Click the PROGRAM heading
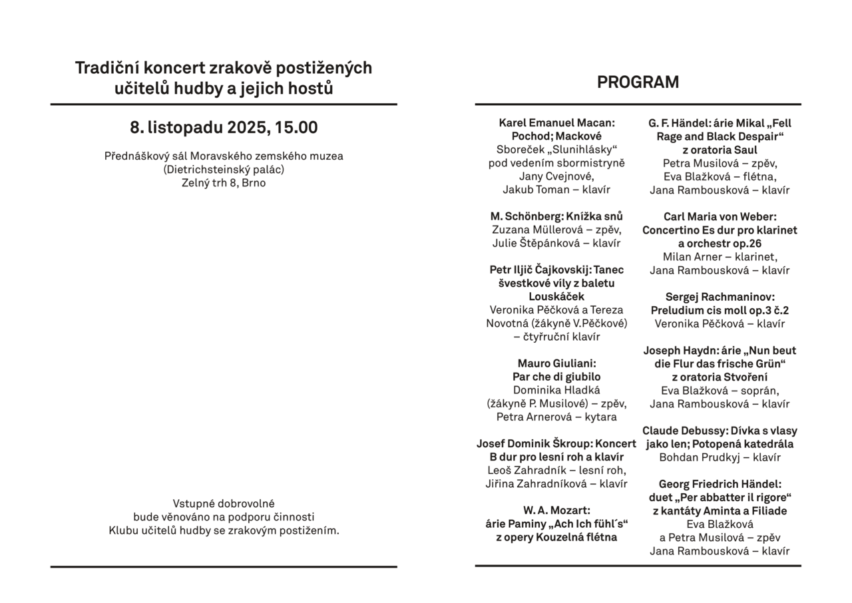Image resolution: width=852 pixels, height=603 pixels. pyautogui.click(x=638, y=83)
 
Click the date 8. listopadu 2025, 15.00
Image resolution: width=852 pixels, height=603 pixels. pyautogui.click(x=224, y=128)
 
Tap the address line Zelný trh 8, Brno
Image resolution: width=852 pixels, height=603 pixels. pyautogui.click(x=224, y=183)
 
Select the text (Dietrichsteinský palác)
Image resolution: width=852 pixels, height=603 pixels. pyautogui.click(x=224, y=170)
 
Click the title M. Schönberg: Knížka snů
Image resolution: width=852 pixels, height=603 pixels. pyautogui.click(x=556, y=216)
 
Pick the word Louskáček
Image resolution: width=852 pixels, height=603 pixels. pyautogui.click(x=556, y=296)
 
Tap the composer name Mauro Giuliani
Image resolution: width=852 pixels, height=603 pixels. pyautogui.click(x=556, y=363)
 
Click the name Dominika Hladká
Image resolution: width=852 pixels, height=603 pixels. pyautogui.click(x=556, y=390)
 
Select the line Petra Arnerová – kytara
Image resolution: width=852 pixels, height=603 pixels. pyautogui.click(x=556, y=417)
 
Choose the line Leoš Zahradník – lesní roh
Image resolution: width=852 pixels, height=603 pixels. pyautogui.click(x=556, y=471)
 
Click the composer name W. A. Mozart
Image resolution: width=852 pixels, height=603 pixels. pyautogui.click(x=556, y=510)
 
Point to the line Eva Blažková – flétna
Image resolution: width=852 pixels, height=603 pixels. pyautogui.click(x=720, y=176)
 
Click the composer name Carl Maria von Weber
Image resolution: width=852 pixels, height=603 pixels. pyautogui.click(x=720, y=216)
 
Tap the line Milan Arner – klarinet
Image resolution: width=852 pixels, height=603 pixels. pyautogui.click(x=720, y=257)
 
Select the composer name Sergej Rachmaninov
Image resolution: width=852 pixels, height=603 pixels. pyautogui.click(x=720, y=297)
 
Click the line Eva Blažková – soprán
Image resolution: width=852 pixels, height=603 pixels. pyautogui.click(x=720, y=391)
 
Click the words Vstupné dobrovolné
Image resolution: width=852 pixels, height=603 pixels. pyautogui.click(x=224, y=504)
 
